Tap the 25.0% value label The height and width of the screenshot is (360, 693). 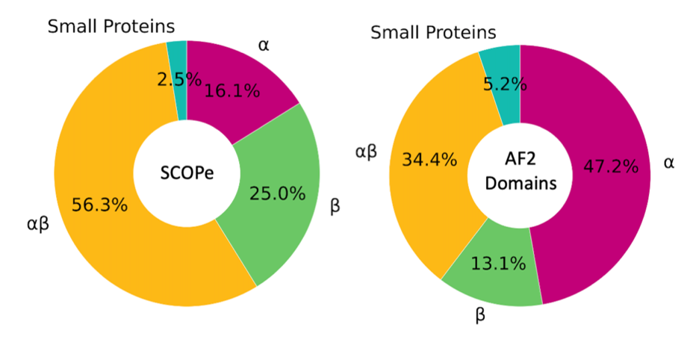276,194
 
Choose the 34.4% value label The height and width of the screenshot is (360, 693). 429,159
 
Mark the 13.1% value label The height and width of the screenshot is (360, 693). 497,263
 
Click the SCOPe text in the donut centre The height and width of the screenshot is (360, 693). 187,174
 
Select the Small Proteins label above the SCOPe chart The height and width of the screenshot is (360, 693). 111,27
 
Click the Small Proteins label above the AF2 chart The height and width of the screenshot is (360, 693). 433,33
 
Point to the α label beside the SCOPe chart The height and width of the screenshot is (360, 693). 264,45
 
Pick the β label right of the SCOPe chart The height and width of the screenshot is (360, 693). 335,206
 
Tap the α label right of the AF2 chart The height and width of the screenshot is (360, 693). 668,162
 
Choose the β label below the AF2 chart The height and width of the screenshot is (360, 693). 480,315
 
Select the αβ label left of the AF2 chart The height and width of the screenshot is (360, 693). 365,152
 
